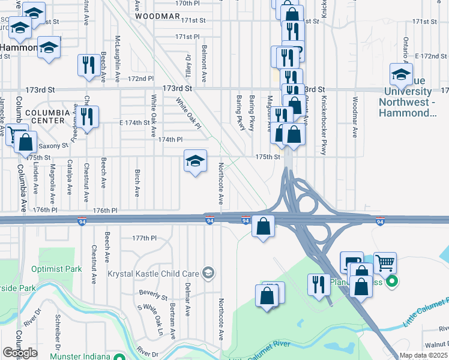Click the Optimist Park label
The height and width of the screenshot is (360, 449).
point(56,269)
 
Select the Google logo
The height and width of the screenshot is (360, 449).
point(20,353)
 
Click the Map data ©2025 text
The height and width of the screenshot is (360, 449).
point(423,355)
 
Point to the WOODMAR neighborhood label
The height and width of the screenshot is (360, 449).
point(158,17)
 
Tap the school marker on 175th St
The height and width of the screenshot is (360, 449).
point(195,161)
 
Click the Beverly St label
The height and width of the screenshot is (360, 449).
point(153,295)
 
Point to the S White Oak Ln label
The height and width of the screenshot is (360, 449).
point(151,319)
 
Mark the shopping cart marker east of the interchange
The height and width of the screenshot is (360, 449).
point(385,263)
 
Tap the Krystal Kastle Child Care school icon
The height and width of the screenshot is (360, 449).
point(208,273)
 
